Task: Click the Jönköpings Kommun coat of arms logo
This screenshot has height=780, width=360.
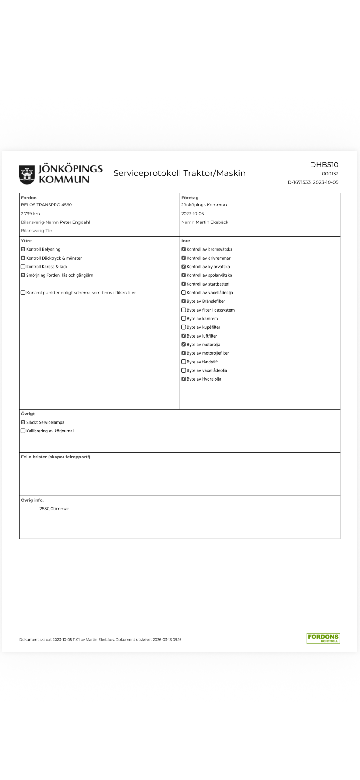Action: click(27, 174)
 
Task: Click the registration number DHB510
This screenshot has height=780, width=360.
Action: click(324, 165)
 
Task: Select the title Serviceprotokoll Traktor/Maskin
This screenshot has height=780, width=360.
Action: click(179, 173)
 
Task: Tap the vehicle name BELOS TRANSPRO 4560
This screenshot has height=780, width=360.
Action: click(46, 205)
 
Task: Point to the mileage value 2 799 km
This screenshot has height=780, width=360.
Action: click(30, 214)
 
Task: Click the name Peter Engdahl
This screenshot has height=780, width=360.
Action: click(75, 222)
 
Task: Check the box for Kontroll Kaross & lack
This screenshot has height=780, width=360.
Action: click(23, 267)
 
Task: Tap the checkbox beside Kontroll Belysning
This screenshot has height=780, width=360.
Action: click(23, 249)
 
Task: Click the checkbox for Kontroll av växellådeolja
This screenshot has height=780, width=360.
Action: click(184, 293)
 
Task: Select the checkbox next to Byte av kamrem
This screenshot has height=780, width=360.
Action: click(184, 319)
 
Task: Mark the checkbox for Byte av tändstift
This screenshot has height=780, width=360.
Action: click(184, 362)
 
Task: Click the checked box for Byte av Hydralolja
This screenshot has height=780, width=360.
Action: click(184, 379)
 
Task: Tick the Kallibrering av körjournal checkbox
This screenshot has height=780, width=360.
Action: click(23, 431)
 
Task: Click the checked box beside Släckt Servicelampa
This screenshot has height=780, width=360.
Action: click(23, 422)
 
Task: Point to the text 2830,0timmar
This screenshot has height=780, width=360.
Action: click(54, 509)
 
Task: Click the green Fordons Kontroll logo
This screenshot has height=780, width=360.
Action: click(323, 638)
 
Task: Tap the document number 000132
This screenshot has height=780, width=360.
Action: click(330, 174)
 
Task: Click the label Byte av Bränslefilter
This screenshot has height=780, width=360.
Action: click(206, 301)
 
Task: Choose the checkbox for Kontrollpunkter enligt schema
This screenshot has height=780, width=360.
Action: click(23, 293)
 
